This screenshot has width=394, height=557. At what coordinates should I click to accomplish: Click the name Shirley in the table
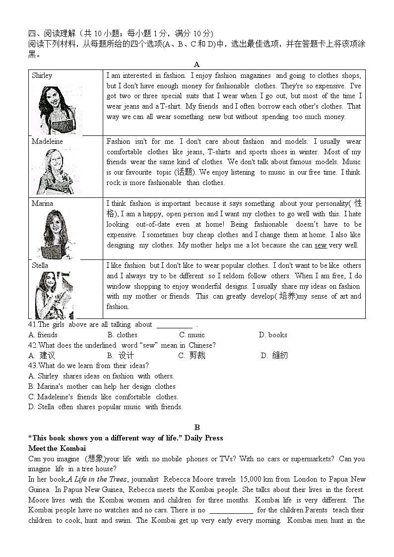tap(42, 76)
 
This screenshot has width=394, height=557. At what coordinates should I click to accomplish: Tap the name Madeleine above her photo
tap(47, 141)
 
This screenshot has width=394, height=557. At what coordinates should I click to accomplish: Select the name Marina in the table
tap(43, 203)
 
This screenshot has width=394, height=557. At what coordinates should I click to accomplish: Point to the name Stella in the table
tap(40, 265)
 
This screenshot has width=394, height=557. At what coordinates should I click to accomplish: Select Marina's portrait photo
tap(55, 233)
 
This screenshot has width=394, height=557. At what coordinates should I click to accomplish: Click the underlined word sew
tap(321, 245)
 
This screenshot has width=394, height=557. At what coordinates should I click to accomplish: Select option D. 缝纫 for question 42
tap(274, 356)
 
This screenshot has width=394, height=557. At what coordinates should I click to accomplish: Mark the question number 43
tap(33, 366)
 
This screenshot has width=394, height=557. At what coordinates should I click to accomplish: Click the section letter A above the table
tap(197, 64)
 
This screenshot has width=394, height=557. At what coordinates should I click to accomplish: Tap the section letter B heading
tap(197, 428)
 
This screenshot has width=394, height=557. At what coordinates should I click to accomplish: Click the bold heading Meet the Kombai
tap(57, 448)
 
